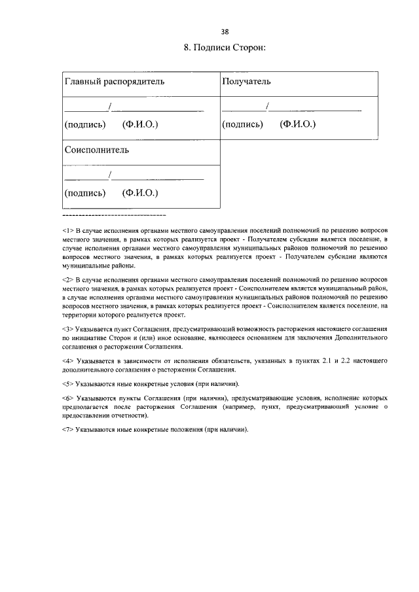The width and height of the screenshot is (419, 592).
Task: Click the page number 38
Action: pos(225,31)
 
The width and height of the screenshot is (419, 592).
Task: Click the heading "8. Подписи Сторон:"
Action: pos(225,48)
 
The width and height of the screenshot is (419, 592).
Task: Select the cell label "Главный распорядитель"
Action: pos(114,82)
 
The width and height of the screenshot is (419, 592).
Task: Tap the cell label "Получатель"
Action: pos(246,82)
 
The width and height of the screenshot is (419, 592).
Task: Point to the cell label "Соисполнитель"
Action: pos(96,150)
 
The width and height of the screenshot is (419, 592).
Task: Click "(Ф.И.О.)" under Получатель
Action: pos(297,124)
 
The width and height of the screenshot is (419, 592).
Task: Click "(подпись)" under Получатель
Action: pos(242,124)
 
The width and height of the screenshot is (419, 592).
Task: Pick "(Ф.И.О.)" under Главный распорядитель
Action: pos(140,124)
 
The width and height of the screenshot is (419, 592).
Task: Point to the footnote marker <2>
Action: pos(67,279)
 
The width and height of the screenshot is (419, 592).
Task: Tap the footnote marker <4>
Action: pos(67,360)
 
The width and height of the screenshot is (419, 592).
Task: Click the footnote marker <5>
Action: pos(67,383)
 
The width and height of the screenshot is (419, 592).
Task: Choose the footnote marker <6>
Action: pos(67,398)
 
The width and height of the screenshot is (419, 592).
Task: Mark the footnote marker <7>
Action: pos(67,430)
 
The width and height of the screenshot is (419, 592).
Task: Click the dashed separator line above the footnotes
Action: pos(114,215)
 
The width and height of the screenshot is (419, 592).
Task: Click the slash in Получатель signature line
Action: pos(267,106)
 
